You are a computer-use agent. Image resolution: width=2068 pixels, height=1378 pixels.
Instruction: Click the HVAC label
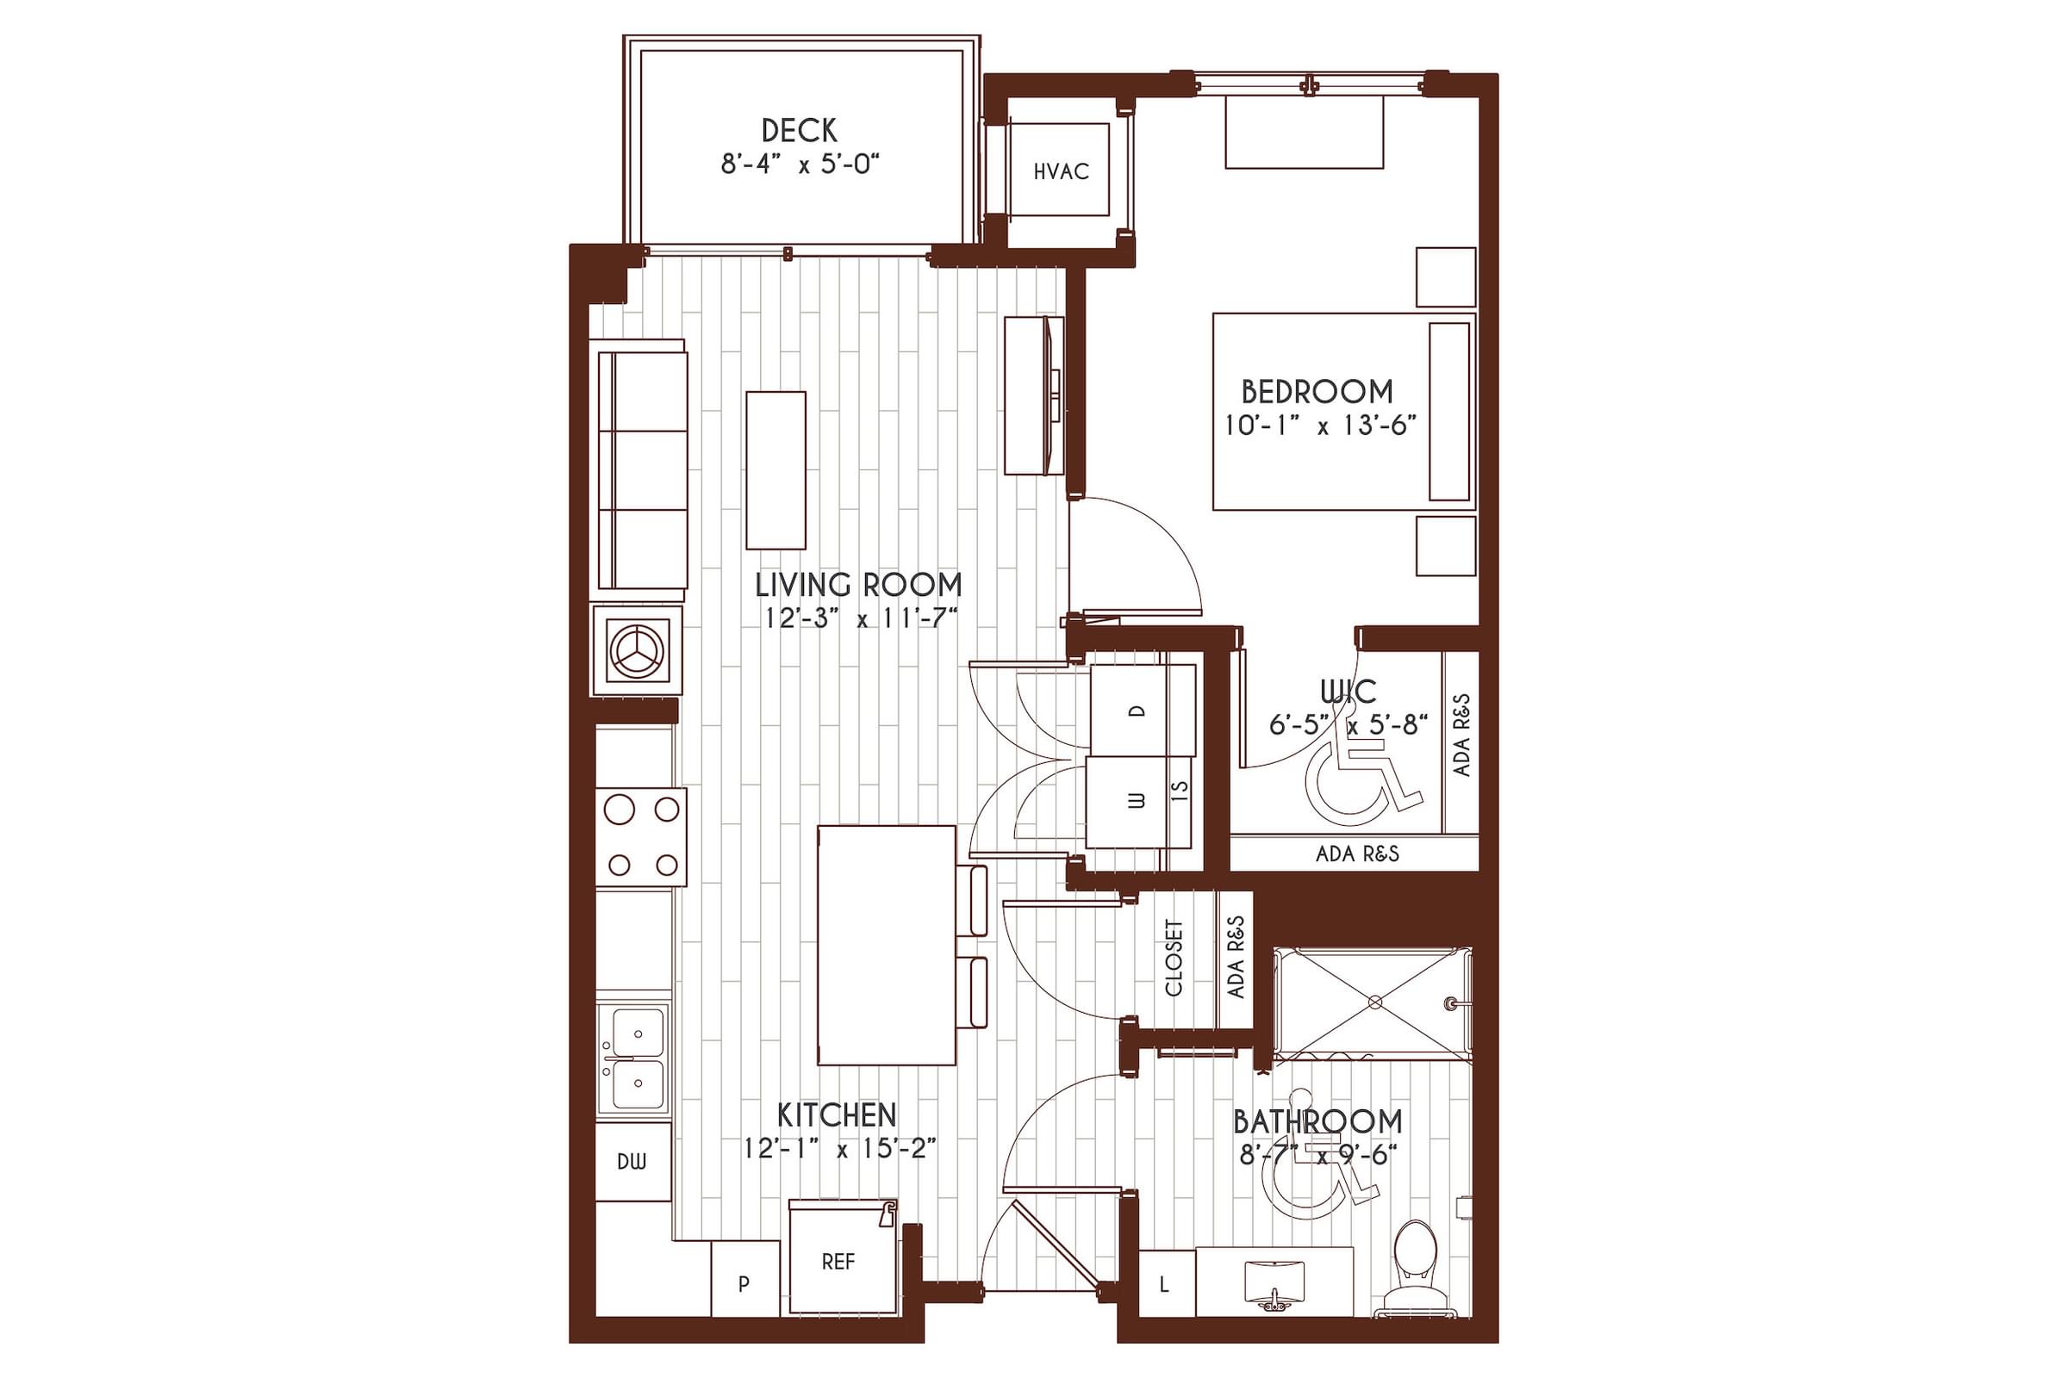[x=1061, y=171]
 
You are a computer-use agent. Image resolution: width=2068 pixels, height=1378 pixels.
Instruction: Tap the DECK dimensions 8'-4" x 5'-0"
[x=800, y=164]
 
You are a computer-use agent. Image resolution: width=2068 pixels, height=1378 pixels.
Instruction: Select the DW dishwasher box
[x=632, y=1162]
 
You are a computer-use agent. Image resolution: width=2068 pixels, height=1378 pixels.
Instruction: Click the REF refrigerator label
[x=838, y=1262]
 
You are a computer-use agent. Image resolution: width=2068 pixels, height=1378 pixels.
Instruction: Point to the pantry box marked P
[x=744, y=1284]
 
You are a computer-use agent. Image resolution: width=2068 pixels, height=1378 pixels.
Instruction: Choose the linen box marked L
[x=1164, y=1285]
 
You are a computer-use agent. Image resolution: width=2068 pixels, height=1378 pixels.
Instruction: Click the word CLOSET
[x=1174, y=957]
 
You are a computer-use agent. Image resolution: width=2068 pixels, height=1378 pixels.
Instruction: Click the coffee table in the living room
[x=775, y=470]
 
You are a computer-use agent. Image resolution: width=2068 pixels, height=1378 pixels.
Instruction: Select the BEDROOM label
[x=1317, y=391]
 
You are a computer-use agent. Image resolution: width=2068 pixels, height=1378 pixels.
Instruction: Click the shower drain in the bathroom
[x=1375, y=1002]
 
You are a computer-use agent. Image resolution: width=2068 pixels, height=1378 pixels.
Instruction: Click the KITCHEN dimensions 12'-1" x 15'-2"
[x=838, y=1149]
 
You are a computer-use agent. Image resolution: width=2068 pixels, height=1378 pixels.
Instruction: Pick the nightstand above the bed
[x=1445, y=276]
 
